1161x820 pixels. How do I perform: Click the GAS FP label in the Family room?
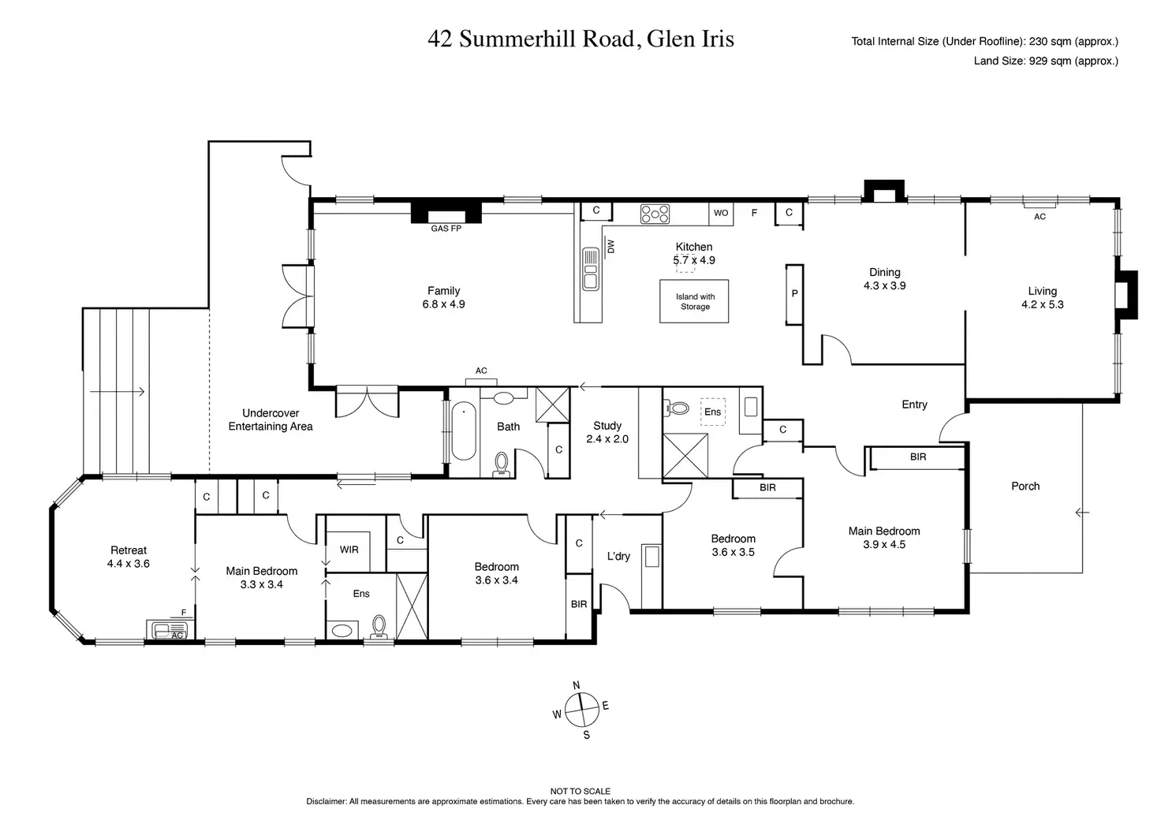[446, 229]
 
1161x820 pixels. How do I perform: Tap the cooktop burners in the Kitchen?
[655, 214]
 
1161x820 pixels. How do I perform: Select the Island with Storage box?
[695, 302]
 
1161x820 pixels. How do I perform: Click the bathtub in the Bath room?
[463, 431]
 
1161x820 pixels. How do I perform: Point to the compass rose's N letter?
[577, 684]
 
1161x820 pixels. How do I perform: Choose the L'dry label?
[618, 557]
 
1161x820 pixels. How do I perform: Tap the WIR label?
[349, 549]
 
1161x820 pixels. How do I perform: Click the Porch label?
[1025, 486]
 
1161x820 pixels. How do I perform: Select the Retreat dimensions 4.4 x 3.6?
[129, 564]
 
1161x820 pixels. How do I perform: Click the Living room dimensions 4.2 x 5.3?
[1042, 304]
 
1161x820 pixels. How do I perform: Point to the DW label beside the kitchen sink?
[611, 247]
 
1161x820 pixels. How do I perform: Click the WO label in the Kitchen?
[721, 213]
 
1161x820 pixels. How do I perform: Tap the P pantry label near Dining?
[794, 293]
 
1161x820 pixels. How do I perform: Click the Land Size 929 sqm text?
[1046, 61]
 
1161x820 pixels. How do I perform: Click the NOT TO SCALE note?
[580, 791]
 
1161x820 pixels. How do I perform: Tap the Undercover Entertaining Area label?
[271, 419]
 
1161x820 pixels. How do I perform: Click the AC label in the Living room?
[1040, 217]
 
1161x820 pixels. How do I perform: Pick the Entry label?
[914, 404]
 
